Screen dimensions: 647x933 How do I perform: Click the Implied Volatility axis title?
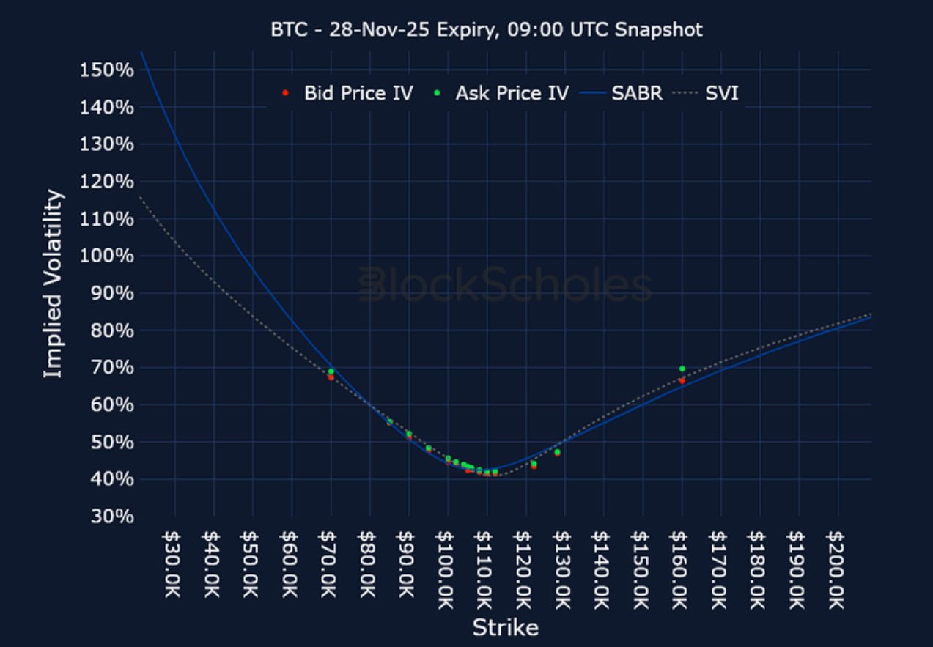(x=53, y=284)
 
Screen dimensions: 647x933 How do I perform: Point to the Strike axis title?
(x=505, y=628)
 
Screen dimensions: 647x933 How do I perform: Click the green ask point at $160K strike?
(x=682, y=369)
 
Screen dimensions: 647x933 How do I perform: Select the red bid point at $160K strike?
(x=682, y=380)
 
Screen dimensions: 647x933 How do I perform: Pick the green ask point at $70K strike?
(x=331, y=371)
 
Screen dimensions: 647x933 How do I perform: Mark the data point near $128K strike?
(x=557, y=452)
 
